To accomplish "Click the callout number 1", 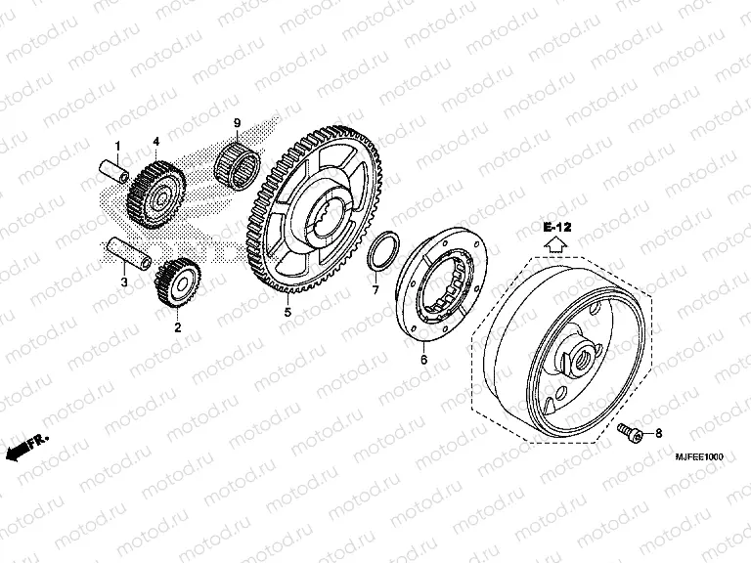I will (x=117, y=147).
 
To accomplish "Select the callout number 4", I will (x=155, y=142).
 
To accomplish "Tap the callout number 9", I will (x=236, y=122).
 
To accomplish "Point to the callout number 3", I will (x=124, y=282).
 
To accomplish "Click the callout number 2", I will (x=177, y=327).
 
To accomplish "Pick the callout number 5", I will (x=287, y=313).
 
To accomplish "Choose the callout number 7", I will (x=375, y=290).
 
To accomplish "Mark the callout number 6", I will (x=423, y=361).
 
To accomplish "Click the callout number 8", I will (x=657, y=432).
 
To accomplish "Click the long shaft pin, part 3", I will (x=127, y=253).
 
